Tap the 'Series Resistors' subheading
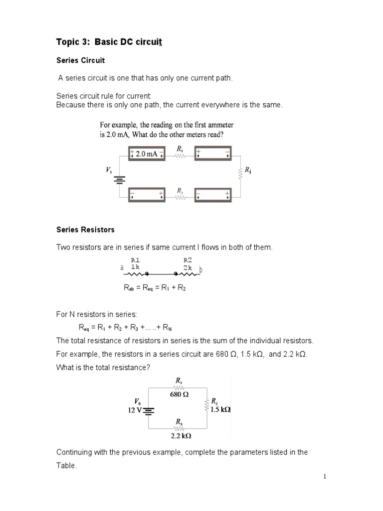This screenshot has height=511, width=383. coord(85,230)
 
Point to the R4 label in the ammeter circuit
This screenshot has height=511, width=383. coord(247,170)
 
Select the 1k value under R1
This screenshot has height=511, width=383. coord(135,267)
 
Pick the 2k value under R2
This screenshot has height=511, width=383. coord(188,267)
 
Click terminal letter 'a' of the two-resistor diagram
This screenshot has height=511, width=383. coord(122,268)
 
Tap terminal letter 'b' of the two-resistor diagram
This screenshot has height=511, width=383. coord(200,270)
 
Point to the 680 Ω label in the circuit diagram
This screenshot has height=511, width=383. coord(179,394)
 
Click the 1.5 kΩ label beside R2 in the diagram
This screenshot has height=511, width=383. coord(220,409)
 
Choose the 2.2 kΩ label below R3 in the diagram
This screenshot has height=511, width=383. coord(181,436)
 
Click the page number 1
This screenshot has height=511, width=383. coord(324,477)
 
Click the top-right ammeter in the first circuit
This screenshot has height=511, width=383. coord(213,153)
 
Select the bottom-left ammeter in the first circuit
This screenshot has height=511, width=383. coord(147,195)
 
